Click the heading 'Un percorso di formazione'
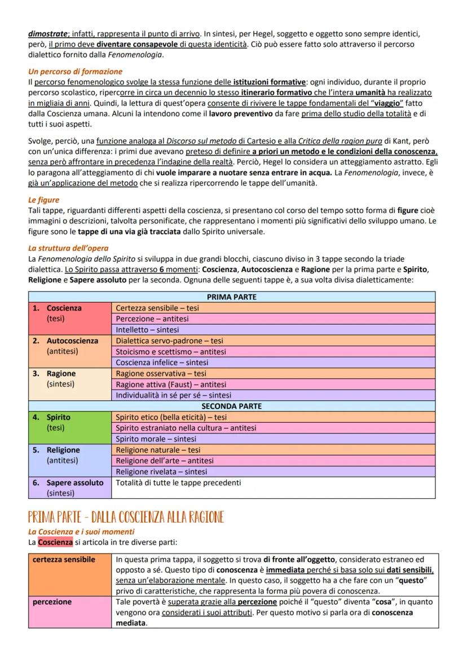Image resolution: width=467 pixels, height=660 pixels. tap(75, 72)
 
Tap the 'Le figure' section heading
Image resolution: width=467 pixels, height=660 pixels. tap(43, 200)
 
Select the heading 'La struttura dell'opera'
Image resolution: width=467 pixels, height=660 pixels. tap(68, 248)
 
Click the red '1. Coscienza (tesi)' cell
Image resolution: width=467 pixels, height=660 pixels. tap(70, 318)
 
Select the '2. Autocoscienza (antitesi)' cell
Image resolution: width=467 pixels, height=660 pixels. tap(70, 351)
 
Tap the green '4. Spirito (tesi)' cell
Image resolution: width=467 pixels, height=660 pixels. tap(70, 427)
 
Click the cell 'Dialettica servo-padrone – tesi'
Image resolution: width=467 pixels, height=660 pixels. tap(169, 340)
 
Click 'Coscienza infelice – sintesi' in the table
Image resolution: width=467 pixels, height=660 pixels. tap(162, 362)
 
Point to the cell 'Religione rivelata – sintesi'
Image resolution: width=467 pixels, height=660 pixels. tap(161, 472)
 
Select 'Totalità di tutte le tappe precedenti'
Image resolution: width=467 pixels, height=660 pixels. tap(178, 482)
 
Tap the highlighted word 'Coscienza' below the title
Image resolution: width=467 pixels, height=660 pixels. tap(55, 542)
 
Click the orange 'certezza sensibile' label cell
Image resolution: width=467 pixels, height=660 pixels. tap(70, 575)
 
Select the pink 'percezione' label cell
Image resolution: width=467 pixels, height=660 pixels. tap(70, 612)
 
